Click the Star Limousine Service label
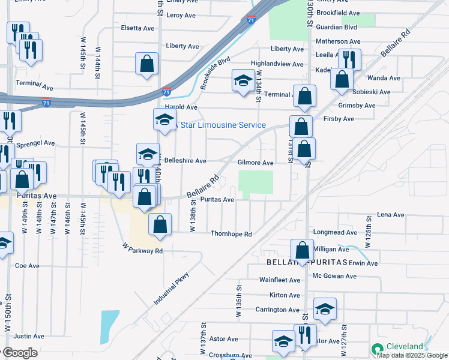[x=223, y=125]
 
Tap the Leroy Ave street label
[x=182, y=15]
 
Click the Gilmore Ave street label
[x=255, y=163]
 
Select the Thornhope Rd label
[x=231, y=234]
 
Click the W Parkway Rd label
[x=142, y=248]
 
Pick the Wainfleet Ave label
[x=279, y=280]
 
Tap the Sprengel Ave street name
[x=36, y=144]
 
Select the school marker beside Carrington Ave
[x=325, y=308]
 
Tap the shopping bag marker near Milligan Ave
[x=302, y=250]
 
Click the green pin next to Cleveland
[x=378, y=349]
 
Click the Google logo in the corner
[x=19, y=353]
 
